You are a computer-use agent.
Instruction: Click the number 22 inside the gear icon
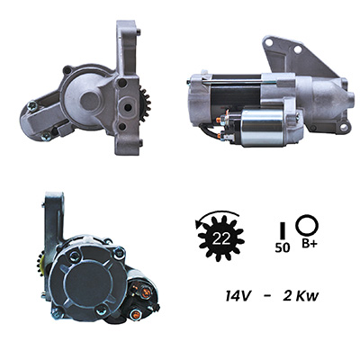click(221, 238)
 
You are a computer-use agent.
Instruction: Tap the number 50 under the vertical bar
click(283, 247)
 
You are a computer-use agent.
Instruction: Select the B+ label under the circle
click(309, 244)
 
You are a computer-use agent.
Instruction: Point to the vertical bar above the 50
click(283, 230)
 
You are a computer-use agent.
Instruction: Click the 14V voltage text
click(238, 296)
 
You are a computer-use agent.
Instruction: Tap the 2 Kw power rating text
click(301, 296)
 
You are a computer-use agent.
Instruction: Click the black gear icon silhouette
click(221, 238)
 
